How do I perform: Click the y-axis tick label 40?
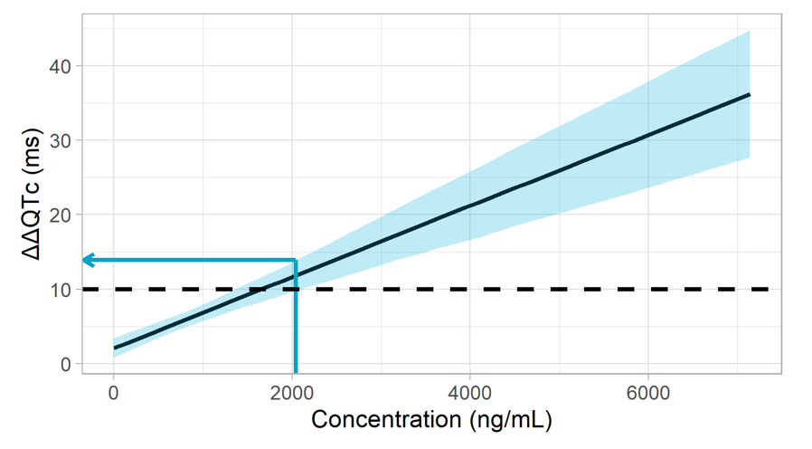(x=61, y=66)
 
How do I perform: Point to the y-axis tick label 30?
(x=61, y=140)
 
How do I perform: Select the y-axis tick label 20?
(x=61, y=215)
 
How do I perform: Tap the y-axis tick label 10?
(x=61, y=290)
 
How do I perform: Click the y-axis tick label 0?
(x=66, y=364)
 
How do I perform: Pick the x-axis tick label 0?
(x=114, y=393)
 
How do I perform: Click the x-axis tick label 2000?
(x=292, y=393)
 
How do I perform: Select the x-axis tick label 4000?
(x=469, y=393)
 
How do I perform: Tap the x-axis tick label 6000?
(x=647, y=393)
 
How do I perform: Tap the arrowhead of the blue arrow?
(x=85, y=261)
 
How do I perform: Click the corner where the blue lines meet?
(x=295, y=261)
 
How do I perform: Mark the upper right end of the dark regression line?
(x=750, y=94)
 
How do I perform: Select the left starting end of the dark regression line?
(x=115, y=348)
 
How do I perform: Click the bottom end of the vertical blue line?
(x=295, y=371)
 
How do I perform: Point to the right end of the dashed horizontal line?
(x=769, y=289)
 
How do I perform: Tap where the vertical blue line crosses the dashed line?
(x=295, y=289)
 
